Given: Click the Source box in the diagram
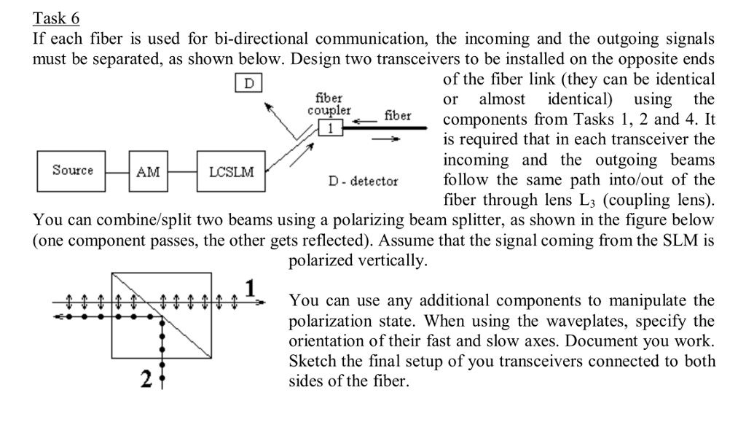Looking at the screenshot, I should coord(72,171).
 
